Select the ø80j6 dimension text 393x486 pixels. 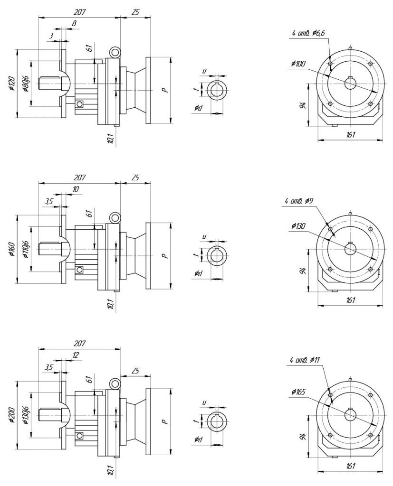(x=26, y=84)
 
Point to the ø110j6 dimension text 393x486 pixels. (x=26, y=249)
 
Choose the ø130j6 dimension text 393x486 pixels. (x=26, y=415)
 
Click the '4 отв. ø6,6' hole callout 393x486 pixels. (x=308, y=33)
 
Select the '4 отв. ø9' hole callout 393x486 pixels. (x=299, y=201)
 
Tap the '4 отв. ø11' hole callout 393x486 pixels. (x=304, y=360)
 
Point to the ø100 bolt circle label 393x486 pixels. (x=298, y=64)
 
